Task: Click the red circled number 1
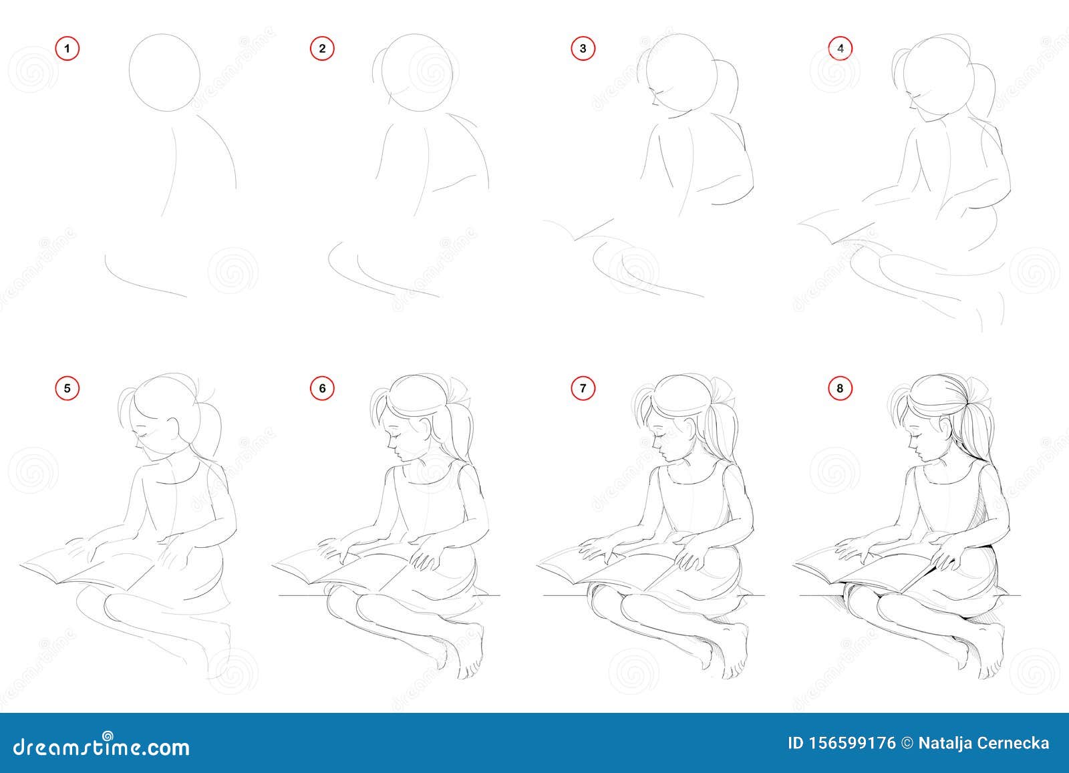pos(67,49)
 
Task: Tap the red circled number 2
pos(322,49)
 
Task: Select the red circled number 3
pos(583,49)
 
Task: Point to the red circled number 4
pos(841,49)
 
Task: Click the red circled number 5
pos(67,388)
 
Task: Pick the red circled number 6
pos(322,388)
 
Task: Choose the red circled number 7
pos(583,388)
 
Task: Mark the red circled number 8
pos(841,388)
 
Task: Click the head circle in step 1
pos(130,71)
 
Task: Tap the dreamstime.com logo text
pos(101,746)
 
